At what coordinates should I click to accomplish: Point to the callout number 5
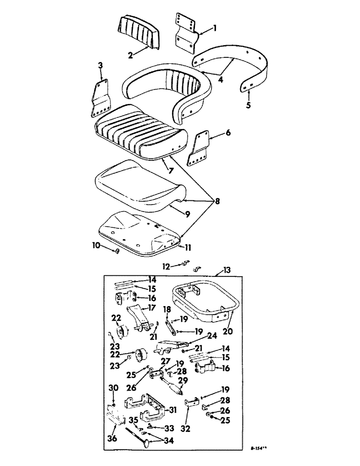[248, 105]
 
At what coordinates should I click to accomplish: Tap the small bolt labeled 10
[117, 252]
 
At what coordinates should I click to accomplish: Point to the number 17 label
[152, 308]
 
